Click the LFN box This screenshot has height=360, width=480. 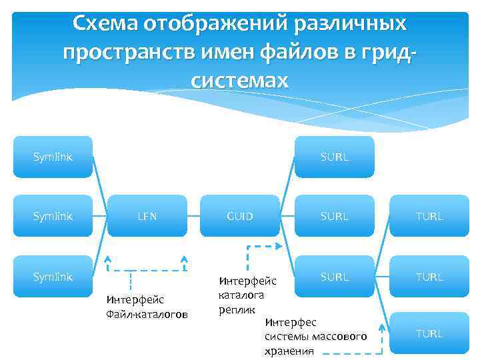[x=147, y=216]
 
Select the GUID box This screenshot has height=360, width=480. [x=240, y=216]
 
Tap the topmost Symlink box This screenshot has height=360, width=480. [x=53, y=157]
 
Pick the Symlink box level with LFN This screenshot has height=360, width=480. [x=53, y=216]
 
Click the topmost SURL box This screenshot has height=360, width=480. [x=335, y=157]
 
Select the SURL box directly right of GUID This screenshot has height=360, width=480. [x=335, y=216]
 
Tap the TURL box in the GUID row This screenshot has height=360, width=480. [x=429, y=216]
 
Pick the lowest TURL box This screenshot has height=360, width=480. [x=429, y=333]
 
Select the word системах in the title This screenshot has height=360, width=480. [x=240, y=81]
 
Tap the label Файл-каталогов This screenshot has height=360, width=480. [x=147, y=314]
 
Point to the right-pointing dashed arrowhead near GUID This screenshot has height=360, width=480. [x=278, y=246]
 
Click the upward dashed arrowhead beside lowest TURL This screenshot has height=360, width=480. [x=382, y=327]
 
